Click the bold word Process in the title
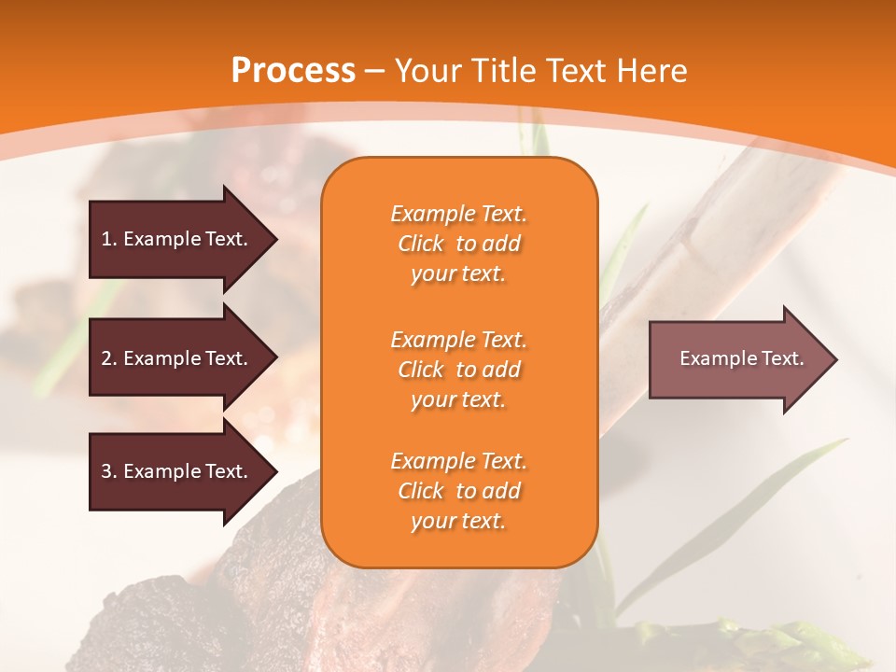pos(293,71)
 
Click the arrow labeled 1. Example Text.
pos(177,239)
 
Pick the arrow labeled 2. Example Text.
pos(177,358)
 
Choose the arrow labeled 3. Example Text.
pos(177,471)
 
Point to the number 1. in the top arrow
pos(108,239)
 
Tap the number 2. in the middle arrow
pos(108,358)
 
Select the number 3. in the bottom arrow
pos(108,471)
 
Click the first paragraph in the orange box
pos(459,244)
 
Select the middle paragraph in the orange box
pos(459,370)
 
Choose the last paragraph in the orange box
pos(459,491)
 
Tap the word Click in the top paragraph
pos(421,244)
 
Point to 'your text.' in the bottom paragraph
pos(458,521)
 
